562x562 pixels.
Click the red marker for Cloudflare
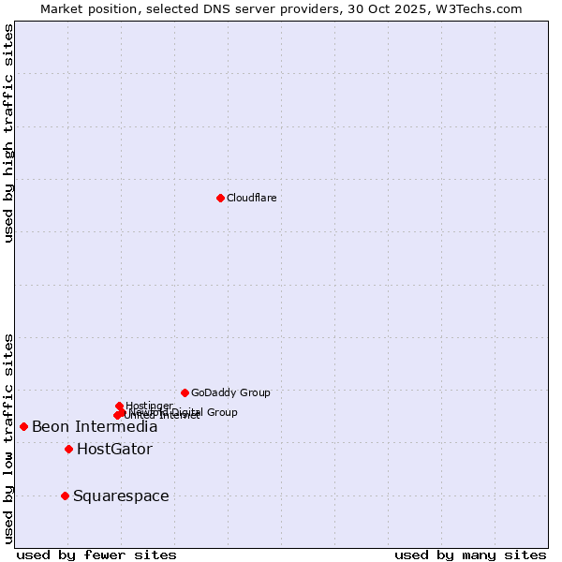click(220, 198)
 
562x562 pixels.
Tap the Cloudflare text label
click(251, 198)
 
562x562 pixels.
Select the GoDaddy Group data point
click(185, 392)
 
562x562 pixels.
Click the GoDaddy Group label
click(230, 392)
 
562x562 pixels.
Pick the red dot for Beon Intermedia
click(23, 426)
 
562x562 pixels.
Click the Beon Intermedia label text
click(95, 427)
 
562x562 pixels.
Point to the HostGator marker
click(68, 449)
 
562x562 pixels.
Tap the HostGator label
click(114, 450)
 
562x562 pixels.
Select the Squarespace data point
click(65, 495)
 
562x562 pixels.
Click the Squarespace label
click(121, 496)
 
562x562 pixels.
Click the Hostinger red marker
click(119, 406)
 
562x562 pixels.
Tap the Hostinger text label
click(149, 406)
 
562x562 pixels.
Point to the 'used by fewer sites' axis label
click(96, 555)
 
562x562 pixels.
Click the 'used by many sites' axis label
click(470, 555)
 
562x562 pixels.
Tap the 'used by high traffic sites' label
click(9, 133)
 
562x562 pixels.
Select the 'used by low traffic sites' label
click(9, 438)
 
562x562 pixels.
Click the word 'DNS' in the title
click(214, 9)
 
